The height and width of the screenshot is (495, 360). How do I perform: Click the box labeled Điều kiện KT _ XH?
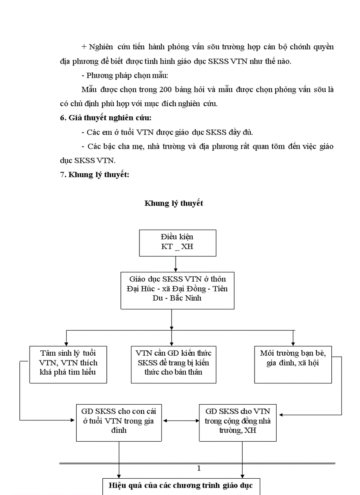click(x=177, y=242)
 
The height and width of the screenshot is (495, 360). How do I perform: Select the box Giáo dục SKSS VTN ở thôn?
click(x=177, y=290)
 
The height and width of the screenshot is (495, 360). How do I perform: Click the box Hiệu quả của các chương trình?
click(x=181, y=486)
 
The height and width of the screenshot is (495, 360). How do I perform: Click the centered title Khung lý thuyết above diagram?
click(x=174, y=204)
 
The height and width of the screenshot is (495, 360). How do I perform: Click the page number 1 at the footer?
click(x=199, y=469)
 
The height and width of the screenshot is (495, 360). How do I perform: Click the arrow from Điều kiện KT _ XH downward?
click(x=176, y=264)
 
